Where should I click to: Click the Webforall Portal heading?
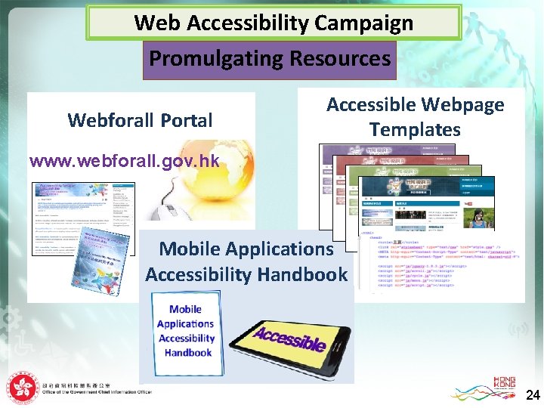140,120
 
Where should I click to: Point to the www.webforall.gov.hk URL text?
124,161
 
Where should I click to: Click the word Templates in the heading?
415,130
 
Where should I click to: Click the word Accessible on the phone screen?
291,338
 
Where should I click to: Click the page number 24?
532,394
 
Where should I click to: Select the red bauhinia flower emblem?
23,388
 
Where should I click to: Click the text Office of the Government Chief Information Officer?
97,393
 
